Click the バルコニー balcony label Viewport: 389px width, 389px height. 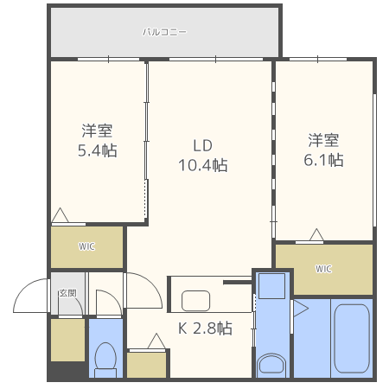coord(164,32)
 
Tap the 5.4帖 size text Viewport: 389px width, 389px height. coord(97,150)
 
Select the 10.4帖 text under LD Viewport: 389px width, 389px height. coord(202,164)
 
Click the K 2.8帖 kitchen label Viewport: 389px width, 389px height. coord(205,328)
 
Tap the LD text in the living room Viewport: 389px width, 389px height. coord(202,144)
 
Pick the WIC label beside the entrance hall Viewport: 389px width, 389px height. coord(86,247)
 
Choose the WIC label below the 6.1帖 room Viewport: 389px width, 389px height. coord(323,269)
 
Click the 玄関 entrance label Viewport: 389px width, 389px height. coord(67,293)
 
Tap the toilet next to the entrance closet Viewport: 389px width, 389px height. coord(105,357)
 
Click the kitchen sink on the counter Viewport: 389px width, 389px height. coord(195,301)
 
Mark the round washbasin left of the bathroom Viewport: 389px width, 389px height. coord(270,363)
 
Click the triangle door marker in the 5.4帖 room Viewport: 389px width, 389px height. coord(61,215)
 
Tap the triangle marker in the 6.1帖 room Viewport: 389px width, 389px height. coord(316,233)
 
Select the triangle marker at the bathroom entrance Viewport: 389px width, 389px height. coord(300,309)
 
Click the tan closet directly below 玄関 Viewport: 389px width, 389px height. coord(67,341)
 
